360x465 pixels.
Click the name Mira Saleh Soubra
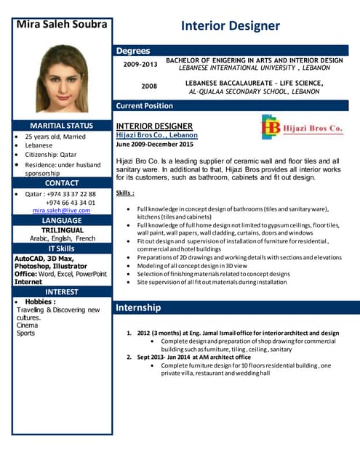click(x=61, y=24)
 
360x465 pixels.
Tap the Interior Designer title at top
click(x=230, y=26)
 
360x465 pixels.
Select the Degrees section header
click(x=133, y=51)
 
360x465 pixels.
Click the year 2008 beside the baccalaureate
click(x=149, y=86)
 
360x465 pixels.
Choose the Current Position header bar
click(x=145, y=106)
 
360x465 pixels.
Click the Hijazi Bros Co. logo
click(x=301, y=127)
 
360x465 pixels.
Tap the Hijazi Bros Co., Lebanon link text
click(x=156, y=135)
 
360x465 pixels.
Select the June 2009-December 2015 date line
click(x=155, y=144)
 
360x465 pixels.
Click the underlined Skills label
click(x=125, y=193)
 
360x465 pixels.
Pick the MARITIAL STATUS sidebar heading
click(x=61, y=125)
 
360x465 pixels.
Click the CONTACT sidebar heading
click(x=61, y=183)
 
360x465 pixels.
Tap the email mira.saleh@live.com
click(x=62, y=211)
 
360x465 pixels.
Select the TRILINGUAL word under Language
click(x=62, y=230)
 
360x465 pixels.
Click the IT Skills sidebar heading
click(x=61, y=249)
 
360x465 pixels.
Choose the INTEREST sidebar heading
click(x=61, y=292)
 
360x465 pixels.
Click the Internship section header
click(x=138, y=308)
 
